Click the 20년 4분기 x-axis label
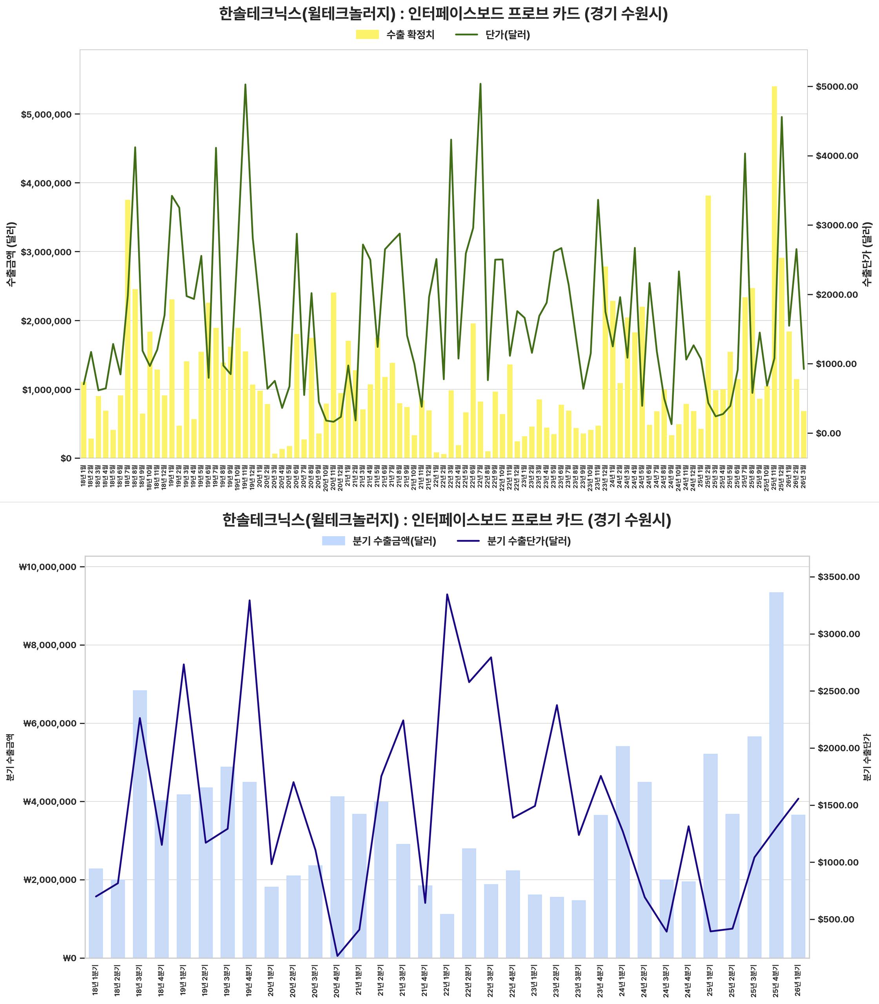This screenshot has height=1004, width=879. tap(337, 980)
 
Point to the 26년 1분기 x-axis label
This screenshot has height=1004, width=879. tap(798, 980)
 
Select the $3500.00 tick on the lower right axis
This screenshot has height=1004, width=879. tap(838, 577)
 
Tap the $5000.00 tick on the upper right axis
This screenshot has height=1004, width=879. tap(837, 87)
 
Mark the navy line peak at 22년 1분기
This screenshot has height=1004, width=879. tap(447, 595)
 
